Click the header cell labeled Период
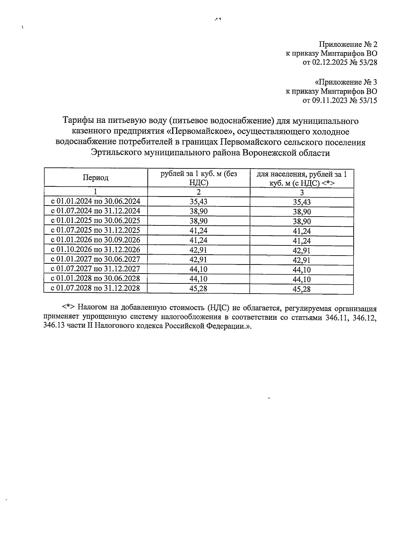(x=95, y=178)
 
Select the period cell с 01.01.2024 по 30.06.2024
(x=96, y=202)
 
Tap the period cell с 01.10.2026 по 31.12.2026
(x=96, y=250)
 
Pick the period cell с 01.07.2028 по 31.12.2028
(x=96, y=288)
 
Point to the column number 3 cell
(x=302, y=193)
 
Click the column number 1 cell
(x=95, y=192)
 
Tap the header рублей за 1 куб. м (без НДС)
(x=198, y=178)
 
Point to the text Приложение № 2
(x=348, y=44)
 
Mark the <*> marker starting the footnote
(x=69, y=308)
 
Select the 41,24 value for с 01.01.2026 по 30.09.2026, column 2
(x=198, y=240)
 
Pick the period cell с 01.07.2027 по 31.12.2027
(x=96, y=269)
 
